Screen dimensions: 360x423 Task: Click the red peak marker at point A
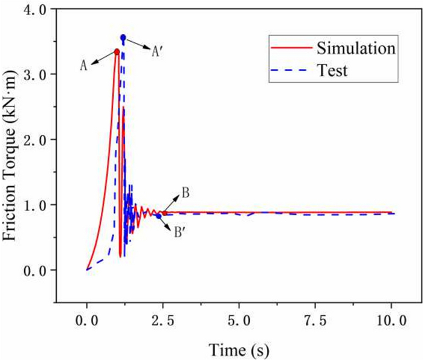117,51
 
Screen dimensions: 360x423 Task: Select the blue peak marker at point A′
123,37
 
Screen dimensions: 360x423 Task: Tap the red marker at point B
164,213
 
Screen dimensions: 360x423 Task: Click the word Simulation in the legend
355,47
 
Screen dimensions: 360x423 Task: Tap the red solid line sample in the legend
289,47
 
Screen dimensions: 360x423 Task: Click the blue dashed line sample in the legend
289,70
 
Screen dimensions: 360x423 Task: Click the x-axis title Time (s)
239,349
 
